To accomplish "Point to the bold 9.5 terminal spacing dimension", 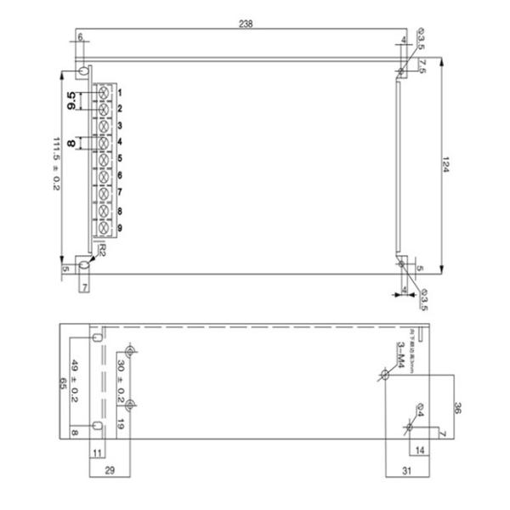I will click(73, 99).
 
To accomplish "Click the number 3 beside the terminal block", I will click(121, 125).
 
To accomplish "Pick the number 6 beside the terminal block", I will click(121, 175).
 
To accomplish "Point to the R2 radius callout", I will click(101, 251).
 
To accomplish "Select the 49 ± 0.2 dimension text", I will click(75, 380).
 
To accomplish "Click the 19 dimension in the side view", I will click(122, 422).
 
